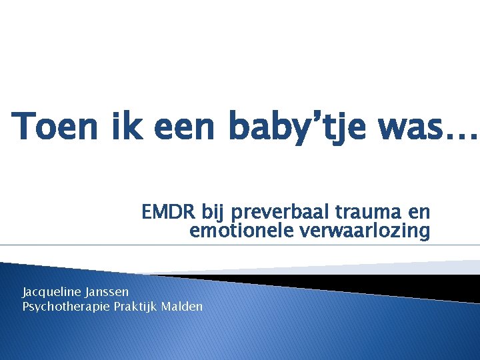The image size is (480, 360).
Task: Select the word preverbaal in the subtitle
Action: [x=269, y=214]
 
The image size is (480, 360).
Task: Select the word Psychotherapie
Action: [x=63, y=307]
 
